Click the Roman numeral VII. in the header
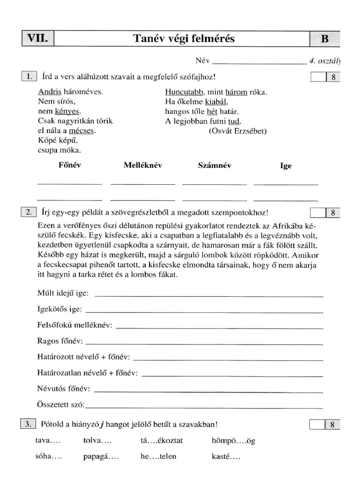37,38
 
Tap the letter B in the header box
324,39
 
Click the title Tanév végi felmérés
184,39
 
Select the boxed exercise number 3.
29,425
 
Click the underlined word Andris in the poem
47,92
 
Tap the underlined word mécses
82,131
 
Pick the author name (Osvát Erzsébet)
237,131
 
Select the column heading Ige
285,166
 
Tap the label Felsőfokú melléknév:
75,325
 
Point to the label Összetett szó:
61,404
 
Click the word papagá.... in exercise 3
101,456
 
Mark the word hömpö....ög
233,441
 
